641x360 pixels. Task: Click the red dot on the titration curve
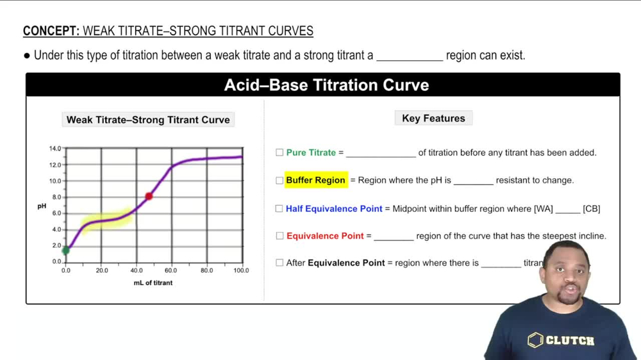(149, 196)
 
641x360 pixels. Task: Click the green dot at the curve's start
(66, 250)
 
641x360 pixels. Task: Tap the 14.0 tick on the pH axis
(55, 149)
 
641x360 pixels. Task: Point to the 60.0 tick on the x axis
(171, 271)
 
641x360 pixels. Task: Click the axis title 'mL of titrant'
(153, 282)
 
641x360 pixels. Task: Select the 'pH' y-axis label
(41, 206)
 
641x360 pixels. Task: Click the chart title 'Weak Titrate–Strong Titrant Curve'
(148, 120)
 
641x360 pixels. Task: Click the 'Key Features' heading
(433, 119)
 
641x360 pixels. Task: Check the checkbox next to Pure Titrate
(279, 152)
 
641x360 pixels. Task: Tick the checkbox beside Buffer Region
(279, 181)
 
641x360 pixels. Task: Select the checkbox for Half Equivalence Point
(279, 209)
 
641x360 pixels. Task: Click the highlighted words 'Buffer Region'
(315, 181)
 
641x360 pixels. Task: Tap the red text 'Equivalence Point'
(325, 236)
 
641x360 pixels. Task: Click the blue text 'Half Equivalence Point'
(334, 209)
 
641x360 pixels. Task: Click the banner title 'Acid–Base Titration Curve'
(326, 85)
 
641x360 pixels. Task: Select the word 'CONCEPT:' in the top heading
(51, 31)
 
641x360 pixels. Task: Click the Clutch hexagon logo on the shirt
(535, 340)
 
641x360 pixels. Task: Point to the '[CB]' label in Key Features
(591, 209)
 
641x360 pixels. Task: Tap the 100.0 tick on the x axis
(241, 271)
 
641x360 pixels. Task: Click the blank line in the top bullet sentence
(410, 56)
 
